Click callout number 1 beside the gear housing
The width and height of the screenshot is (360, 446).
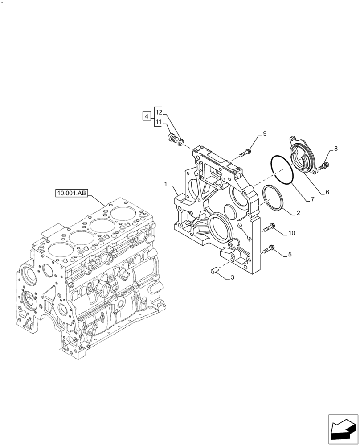click(x=165, y=184)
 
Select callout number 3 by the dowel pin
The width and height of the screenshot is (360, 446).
click(x=232, y=278)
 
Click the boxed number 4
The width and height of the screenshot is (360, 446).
click(x=146, y=116)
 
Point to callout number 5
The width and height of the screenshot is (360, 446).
click(x=290, y=255)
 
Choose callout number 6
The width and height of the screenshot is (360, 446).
click(x=327, y=192)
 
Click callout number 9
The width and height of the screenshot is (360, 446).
click(x=264, y=133)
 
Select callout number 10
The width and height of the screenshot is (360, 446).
click(x=291, y=233)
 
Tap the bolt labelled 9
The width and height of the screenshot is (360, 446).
click(x=245, y=153)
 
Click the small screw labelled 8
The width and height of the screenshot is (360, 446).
click(x=325, y=166)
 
